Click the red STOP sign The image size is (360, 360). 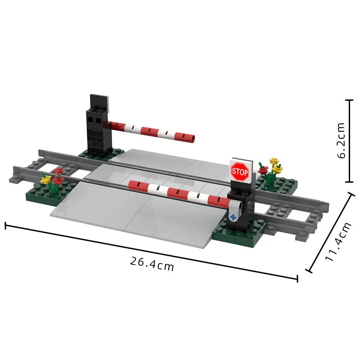click(x=240, y=171)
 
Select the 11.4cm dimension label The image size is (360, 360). click(x=338, y=242)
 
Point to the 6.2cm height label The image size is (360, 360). click(x=341, y=140)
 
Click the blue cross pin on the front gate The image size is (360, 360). click(x=233, y=217)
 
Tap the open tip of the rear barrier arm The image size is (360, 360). click(x=193, y=138)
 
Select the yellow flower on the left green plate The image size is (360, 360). click(x=45, y=180)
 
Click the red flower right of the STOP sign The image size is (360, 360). click(x=263, y=171)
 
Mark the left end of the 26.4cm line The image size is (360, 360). click(x=5, y=225)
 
